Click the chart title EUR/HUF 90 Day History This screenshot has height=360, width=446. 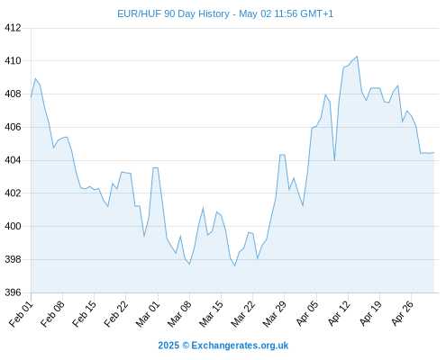173,13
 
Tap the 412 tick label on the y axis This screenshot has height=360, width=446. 13,28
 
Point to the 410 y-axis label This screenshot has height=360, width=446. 13,61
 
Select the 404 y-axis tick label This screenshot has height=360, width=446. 13,160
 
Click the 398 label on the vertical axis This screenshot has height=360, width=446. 13,259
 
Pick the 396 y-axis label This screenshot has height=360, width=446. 13,292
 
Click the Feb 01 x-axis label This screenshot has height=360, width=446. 21,313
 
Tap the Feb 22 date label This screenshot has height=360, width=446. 116,313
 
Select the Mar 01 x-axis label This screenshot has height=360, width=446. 148,313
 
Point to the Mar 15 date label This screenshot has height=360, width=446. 211,313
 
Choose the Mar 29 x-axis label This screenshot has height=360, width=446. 275,313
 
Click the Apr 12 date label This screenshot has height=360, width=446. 339,313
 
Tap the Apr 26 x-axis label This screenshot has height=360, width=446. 402,313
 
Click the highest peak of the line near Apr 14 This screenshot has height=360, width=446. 357,57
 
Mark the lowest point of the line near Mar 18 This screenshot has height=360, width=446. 235,265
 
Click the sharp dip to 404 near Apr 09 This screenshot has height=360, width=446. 334,160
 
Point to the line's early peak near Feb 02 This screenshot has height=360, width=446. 35,78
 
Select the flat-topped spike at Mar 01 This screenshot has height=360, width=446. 156,167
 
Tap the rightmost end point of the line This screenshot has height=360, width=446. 434,152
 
